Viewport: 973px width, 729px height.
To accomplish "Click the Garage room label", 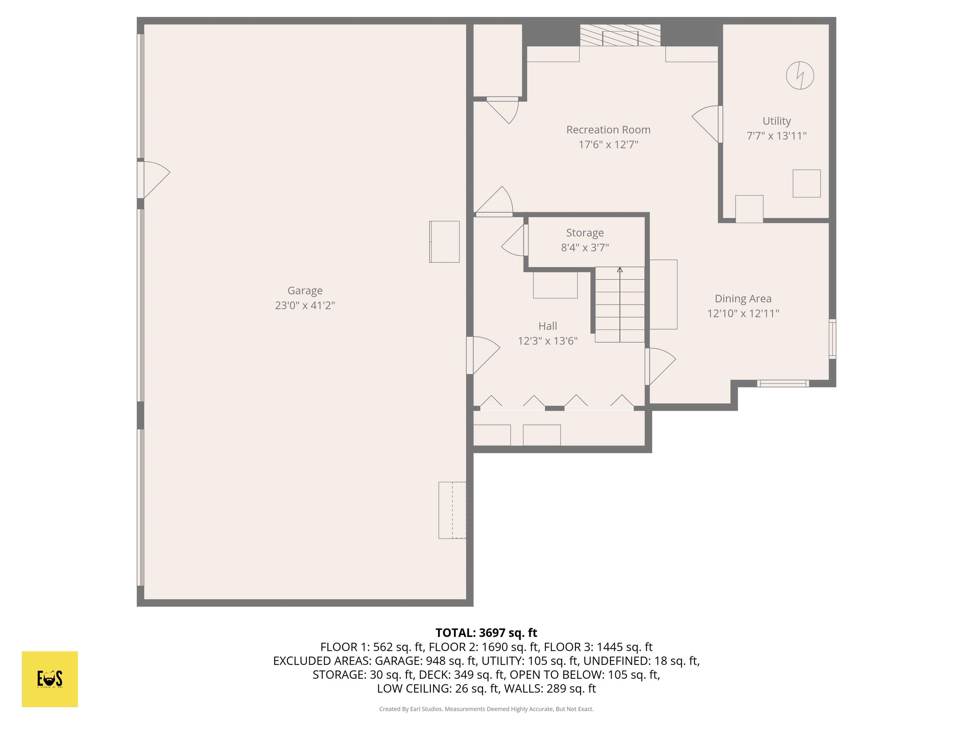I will [305, 290].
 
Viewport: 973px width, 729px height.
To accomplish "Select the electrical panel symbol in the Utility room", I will [800, 76].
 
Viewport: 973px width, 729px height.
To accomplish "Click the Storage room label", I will [585, 233].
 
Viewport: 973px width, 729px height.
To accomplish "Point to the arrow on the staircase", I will [620, 270].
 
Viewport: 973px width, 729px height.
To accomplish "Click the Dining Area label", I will [743, 299].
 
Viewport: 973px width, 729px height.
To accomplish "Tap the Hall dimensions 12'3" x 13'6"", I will [547, 341].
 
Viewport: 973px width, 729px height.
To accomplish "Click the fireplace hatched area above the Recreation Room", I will [620, 35].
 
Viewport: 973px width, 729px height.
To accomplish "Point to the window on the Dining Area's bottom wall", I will [783, 383].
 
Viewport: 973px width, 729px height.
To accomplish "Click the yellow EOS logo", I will [50, 679].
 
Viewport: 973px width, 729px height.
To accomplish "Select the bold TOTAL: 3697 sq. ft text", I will [486, 633].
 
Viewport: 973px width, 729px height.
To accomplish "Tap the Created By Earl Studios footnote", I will [486, 709].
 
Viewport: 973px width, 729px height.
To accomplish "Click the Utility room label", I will [776, 121].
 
